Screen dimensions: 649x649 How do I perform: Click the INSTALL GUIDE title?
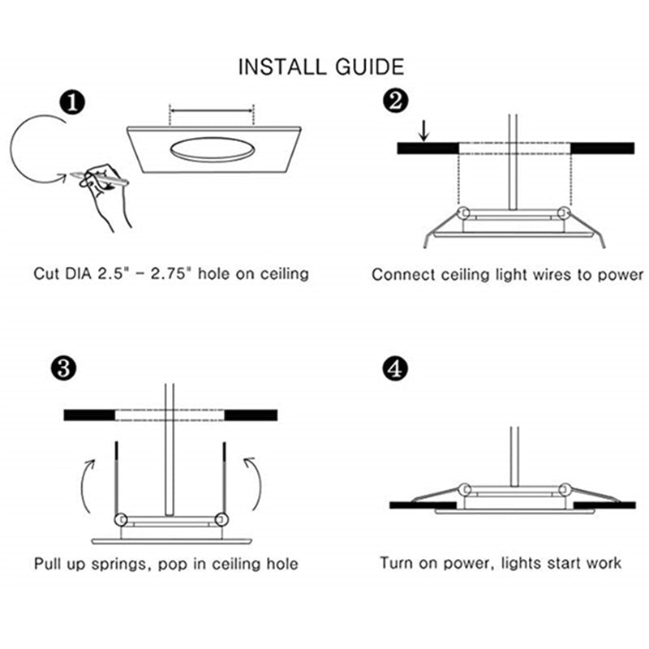click(321, 67)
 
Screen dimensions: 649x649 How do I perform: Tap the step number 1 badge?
click(72, 104)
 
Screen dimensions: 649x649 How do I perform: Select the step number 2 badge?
click(395, 101)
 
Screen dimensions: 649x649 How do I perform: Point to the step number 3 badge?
click(63, 368)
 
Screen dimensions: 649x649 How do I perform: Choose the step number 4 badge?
click(395, 369)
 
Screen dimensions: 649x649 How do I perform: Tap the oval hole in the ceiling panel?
click(213, 150)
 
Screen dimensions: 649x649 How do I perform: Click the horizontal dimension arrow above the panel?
click(212, 111)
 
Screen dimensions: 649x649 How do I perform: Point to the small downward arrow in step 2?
click(423, 131)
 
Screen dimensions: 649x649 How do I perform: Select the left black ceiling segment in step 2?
click(428, 148)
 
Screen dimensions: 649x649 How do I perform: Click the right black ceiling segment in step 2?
click(602, 148)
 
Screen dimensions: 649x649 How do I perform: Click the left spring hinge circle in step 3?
click(120, 519)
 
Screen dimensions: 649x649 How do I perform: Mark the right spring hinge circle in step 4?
click(565, 490)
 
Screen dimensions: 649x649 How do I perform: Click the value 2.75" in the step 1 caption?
click(173, 273)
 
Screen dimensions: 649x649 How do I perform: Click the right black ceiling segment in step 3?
click(251, 415)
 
